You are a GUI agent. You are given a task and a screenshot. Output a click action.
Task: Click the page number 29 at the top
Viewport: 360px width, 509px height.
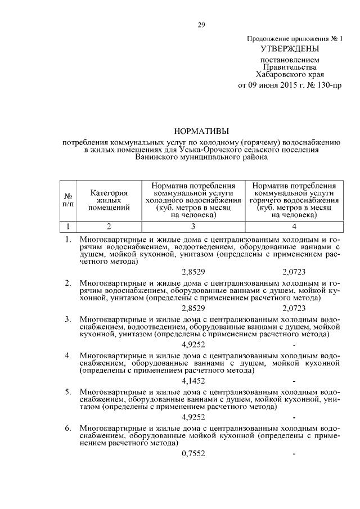coord(201,24)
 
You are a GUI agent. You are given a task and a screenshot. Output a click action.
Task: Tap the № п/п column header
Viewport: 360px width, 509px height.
coord(68,200)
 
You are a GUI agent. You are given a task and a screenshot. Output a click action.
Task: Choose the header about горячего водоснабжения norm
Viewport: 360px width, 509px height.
coord(294,200)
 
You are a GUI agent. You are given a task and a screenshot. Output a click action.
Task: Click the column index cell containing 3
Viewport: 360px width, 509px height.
coord(193,227)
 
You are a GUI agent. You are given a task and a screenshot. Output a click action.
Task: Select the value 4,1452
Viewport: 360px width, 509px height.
coord(193,381)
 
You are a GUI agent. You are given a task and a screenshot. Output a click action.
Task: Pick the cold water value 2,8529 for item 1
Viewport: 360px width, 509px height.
coord(193,272)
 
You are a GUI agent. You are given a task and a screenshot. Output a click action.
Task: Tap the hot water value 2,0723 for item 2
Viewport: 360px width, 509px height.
coord(294,308)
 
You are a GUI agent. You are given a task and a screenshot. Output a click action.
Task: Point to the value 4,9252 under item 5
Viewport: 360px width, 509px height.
coord(193,417)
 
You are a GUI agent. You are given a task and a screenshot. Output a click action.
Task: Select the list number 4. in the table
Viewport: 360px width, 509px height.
coord(67,355)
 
